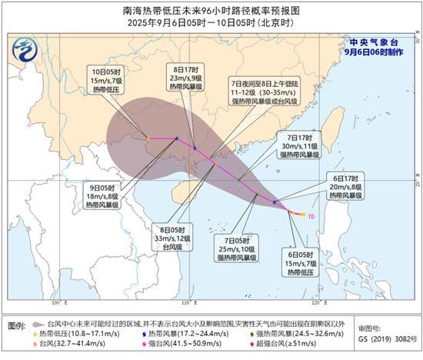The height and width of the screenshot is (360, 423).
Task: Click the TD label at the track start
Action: [x=311, y=217]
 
